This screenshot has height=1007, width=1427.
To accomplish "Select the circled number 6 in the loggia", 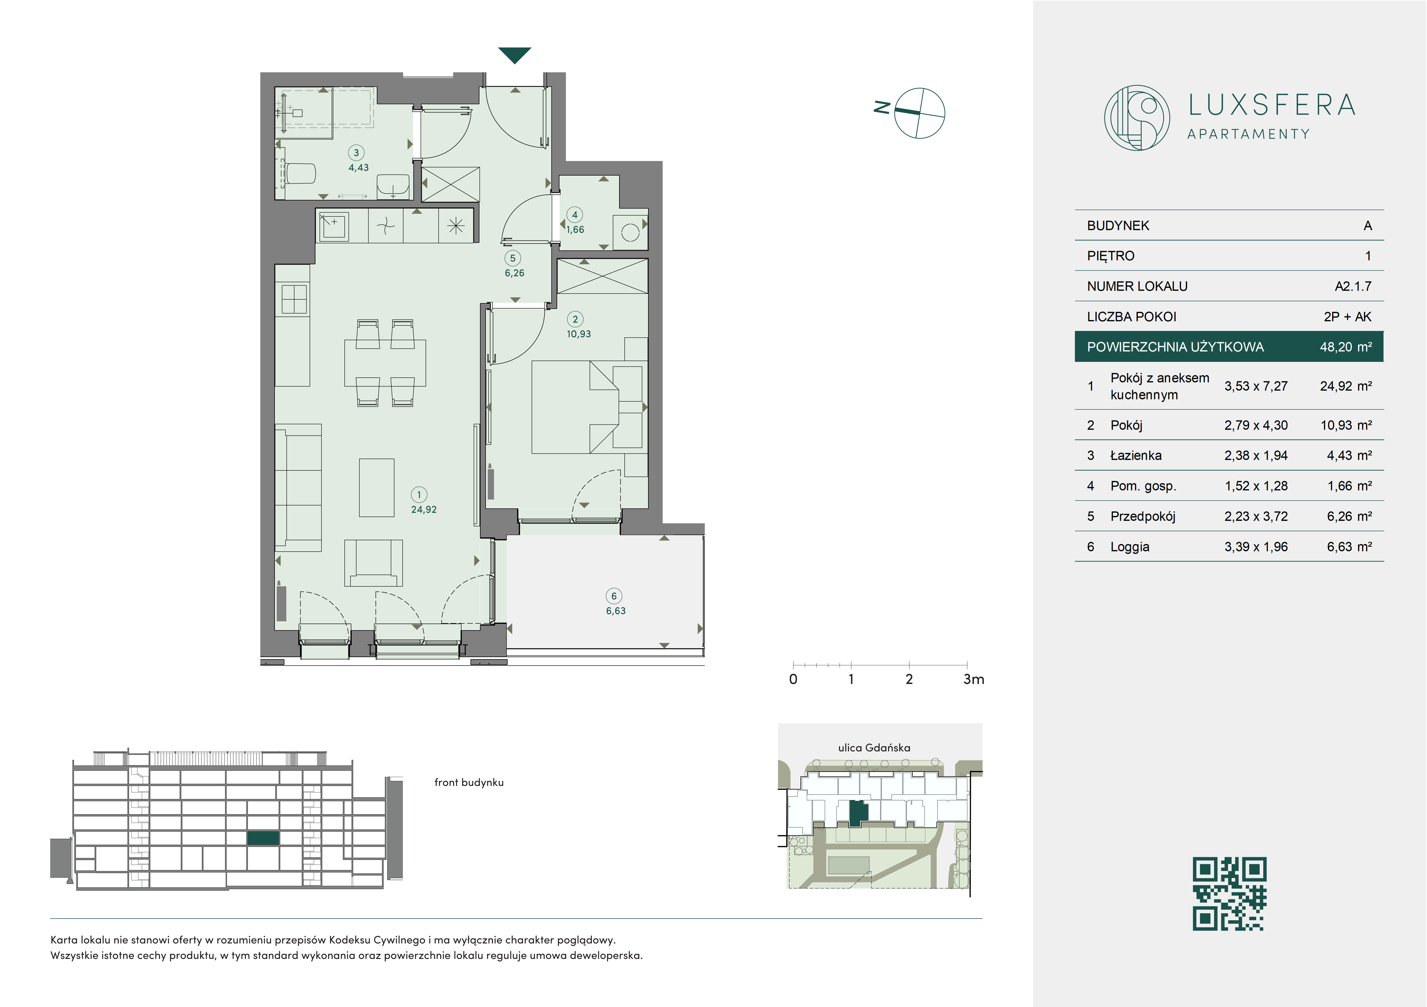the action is pyautogui.click(x=614, y=596).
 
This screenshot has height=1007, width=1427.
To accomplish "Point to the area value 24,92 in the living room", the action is pyautogui.click(x=424, y=510).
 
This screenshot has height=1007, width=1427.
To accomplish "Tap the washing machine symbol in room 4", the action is pyautogui.click(x=630, y=232).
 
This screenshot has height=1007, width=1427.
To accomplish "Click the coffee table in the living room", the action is pyautogui.click(x=377, y=488).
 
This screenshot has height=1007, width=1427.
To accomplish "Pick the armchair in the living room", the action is pyautogui.click(x=373, y=562).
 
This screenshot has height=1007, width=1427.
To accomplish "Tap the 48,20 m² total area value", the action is pyautogui.click(x=1346, y=347).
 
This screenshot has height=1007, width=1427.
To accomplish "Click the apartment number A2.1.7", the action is pyautogui.click(x=1353, y=287).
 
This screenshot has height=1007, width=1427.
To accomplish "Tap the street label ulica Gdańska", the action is pyautogui.click(x=874, y=748).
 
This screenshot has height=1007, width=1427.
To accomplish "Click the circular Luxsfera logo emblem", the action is pyautogui.click(x=1137, y=117).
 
